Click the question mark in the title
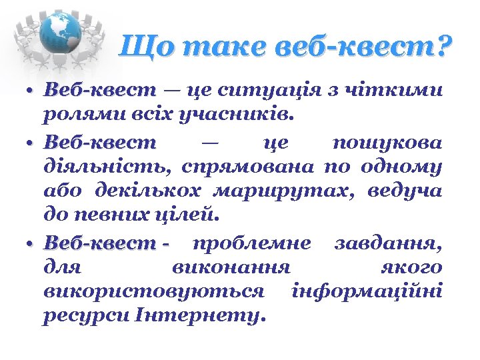point(442,47)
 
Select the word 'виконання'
point(231,267)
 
